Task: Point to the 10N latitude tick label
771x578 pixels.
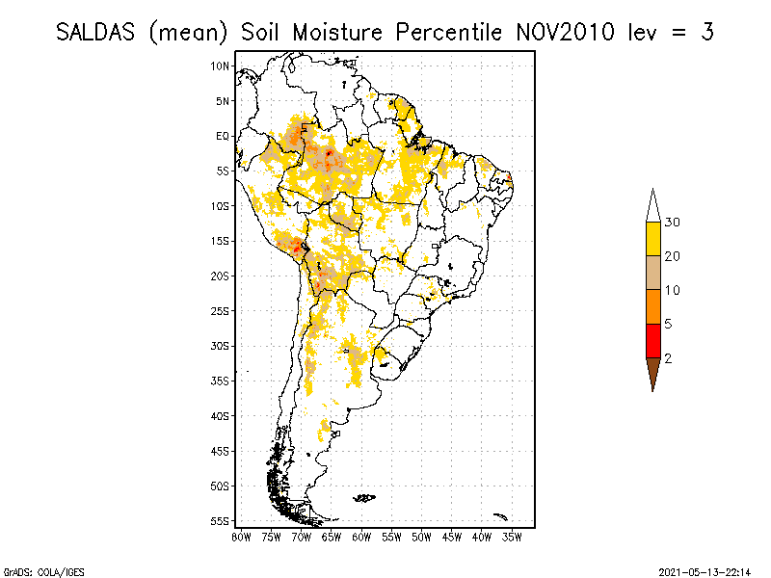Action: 221,66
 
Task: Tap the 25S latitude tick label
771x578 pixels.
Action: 221,310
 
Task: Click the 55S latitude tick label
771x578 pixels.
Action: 221,520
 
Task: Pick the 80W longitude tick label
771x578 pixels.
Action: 241,536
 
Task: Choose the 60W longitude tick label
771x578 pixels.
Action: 361,536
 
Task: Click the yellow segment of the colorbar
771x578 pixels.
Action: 652,239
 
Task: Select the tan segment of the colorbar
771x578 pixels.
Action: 652,273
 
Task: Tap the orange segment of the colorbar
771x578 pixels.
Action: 652,306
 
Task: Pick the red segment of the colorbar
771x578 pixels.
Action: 652,340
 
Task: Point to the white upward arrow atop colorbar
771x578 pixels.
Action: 652,205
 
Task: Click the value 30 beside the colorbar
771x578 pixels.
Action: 673,223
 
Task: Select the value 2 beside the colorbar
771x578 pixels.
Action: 668,357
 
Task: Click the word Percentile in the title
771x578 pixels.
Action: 441,32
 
